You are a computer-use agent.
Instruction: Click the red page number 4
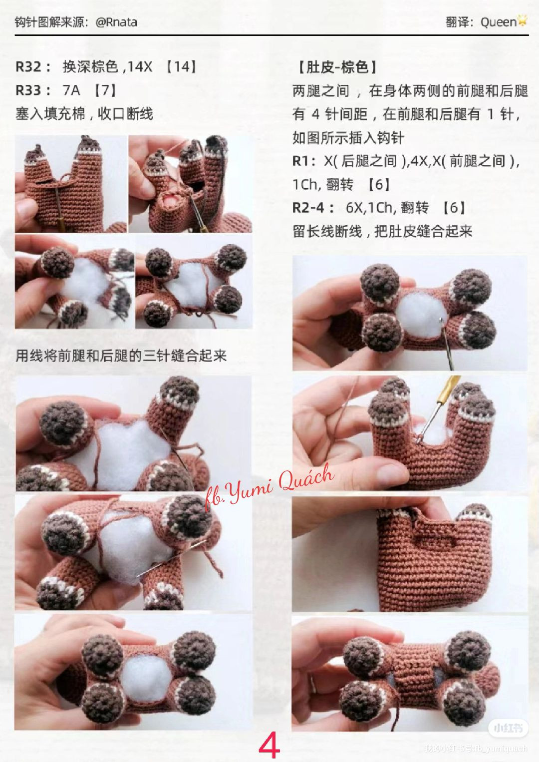269,746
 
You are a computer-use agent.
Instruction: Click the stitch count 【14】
181,66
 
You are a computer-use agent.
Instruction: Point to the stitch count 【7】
105,90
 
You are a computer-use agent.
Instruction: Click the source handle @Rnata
116,22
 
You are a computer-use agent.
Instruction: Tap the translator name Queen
498,22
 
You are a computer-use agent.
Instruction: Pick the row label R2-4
312,208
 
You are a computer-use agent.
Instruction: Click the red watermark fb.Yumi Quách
269,487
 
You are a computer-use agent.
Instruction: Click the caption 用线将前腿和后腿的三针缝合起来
121,356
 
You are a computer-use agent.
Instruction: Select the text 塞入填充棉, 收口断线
84,114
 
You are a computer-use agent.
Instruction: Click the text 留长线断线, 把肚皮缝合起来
382,231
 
